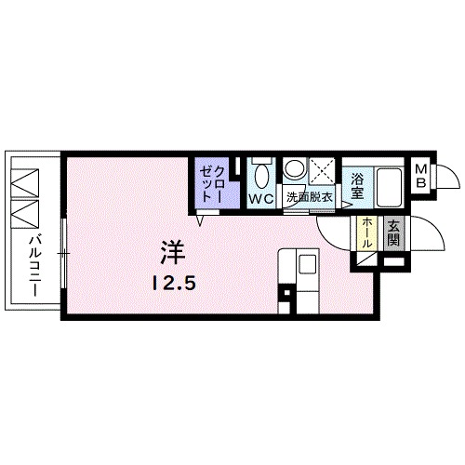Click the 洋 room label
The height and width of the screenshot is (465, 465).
pos(172,252)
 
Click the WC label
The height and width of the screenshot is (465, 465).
pos(260,197)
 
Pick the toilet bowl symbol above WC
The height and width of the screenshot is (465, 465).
pos(261,174)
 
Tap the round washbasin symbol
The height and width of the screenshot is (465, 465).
pos(295,169)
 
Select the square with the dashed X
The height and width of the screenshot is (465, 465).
pos(323,172)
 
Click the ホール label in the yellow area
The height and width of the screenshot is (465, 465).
pos(368,232)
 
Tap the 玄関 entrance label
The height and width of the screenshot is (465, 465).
pos(393,231)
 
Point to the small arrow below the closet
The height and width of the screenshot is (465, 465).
pos(200,219)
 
